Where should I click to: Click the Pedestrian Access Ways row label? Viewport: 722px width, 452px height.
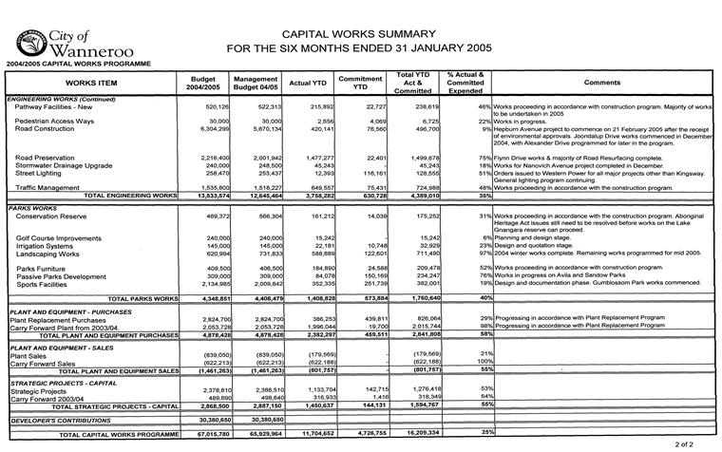click(x=54, y=122)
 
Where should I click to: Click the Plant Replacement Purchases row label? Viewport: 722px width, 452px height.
click(x=57, y=320)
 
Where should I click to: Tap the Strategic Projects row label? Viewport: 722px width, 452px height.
click(x=39, y=390)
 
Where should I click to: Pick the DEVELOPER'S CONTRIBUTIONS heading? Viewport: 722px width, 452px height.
click(x=56, y=418)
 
